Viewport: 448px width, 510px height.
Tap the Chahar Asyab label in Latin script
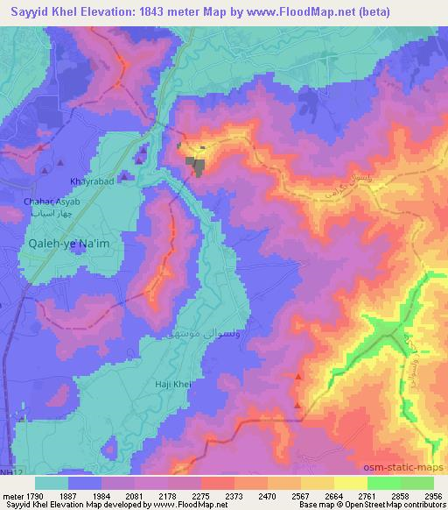click(x=52, y=202)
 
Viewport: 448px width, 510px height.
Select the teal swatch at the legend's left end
click(x=52, y=483)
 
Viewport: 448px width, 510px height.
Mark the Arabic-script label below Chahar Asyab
click(x=50, y=212)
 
